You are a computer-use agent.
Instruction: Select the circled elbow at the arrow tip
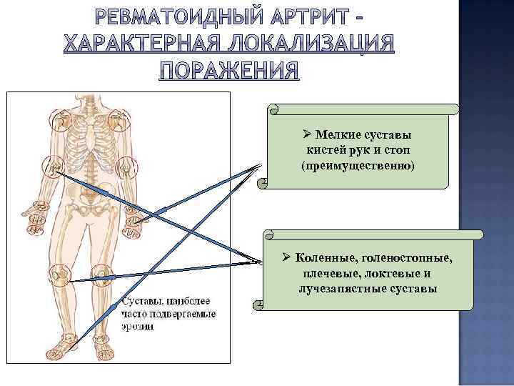click(51, 169)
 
